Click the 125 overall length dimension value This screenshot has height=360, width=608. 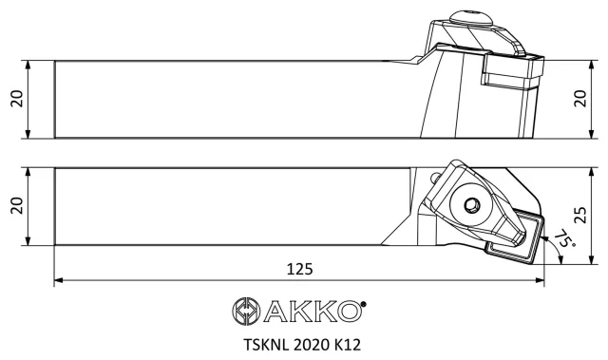click(x=299, y=269)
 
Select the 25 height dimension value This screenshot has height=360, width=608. click(x=580, y=215)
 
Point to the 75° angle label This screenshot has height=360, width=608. click(x=564, y=239)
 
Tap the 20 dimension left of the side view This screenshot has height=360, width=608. click(x=17, y=99)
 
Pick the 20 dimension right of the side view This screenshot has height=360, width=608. click(x=580, y=99)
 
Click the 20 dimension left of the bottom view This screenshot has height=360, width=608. click(x=17, y=206)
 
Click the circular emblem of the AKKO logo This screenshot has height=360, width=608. click(x=246, y=311)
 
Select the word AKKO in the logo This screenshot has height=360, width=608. click(x=313, y=311)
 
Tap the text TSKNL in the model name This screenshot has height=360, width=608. click(x=266, y=345)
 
